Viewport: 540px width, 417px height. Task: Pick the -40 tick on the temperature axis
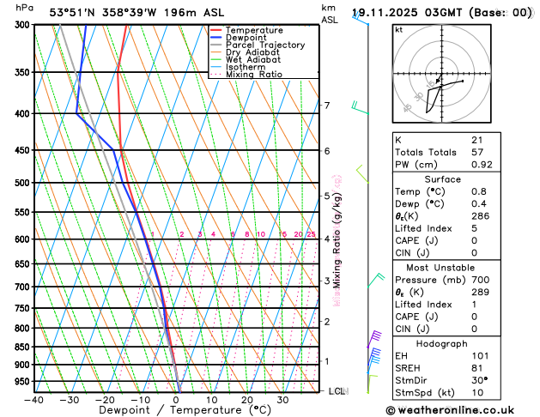(34, 400)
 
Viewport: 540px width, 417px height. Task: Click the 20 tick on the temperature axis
(247, 400)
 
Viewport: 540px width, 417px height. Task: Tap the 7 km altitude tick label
(326, 106)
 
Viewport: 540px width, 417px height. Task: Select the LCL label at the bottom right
(337, 391)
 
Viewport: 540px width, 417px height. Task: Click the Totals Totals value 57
(476, 152)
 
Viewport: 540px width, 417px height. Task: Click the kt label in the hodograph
(398, 29)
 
